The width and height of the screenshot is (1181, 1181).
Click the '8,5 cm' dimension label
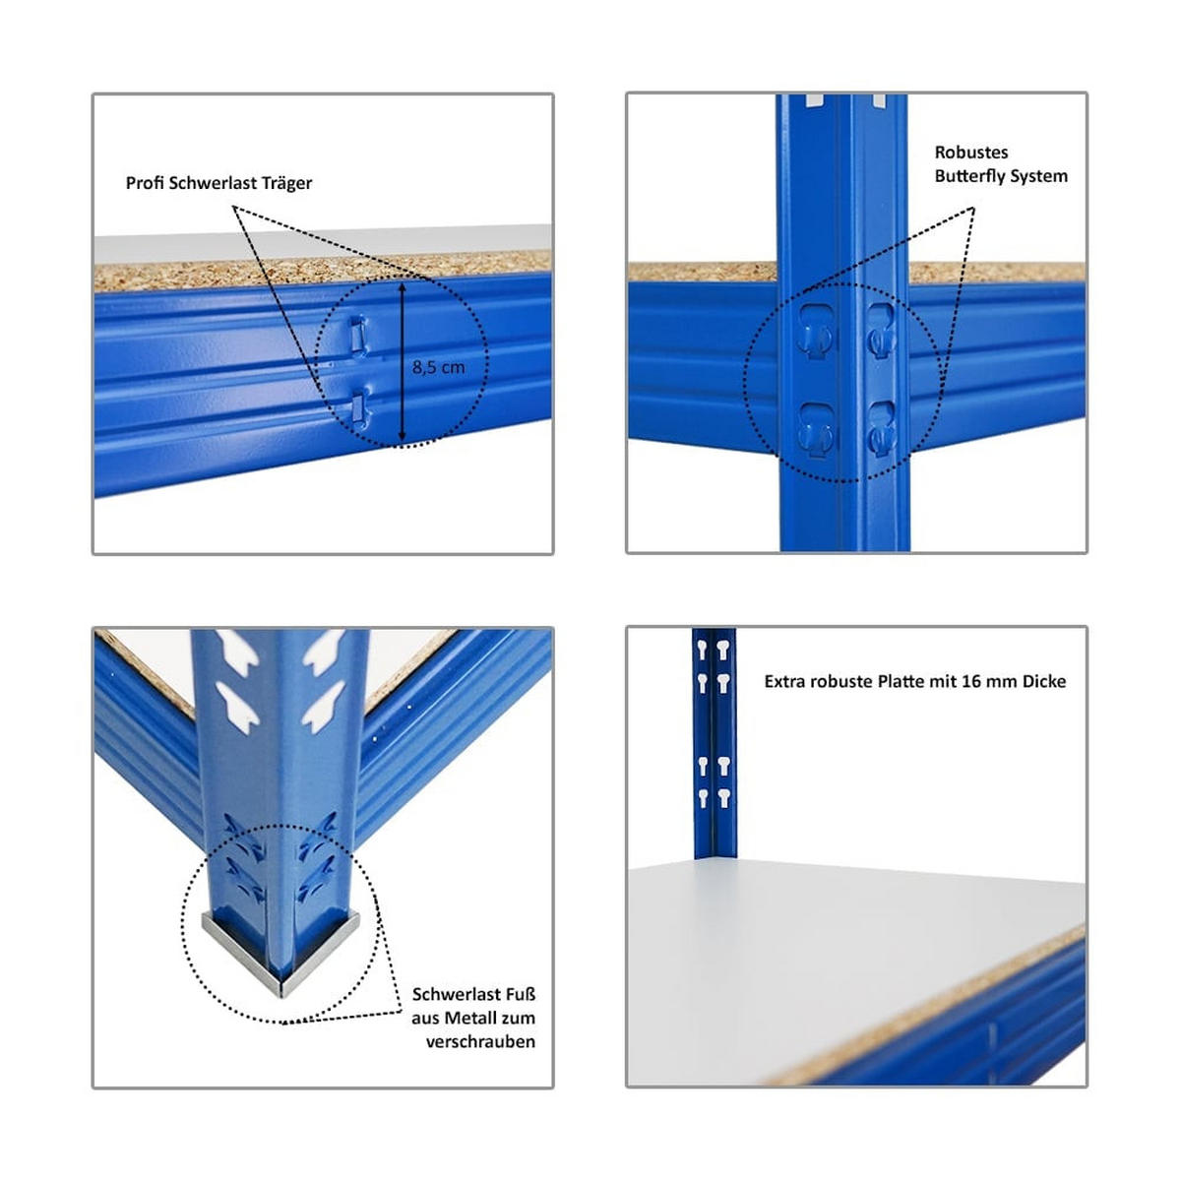[x=438, y=367]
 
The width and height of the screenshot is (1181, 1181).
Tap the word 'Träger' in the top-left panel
[x=286, y=183]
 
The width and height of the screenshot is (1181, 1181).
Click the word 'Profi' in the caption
[x=145, y=183]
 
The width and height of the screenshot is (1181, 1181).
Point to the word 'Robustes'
[x=970, y=153]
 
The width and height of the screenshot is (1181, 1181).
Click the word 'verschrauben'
[x=480, y=1041]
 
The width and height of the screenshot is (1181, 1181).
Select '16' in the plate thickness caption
[x=970, y=681]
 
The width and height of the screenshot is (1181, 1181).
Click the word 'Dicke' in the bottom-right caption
[x=1043, y=681]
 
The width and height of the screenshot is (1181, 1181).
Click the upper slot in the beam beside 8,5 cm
[x=357, y=334]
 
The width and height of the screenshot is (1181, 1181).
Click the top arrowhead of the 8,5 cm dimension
[x=402, y=287]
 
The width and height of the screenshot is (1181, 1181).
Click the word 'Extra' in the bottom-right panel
[x=784, y=681]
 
